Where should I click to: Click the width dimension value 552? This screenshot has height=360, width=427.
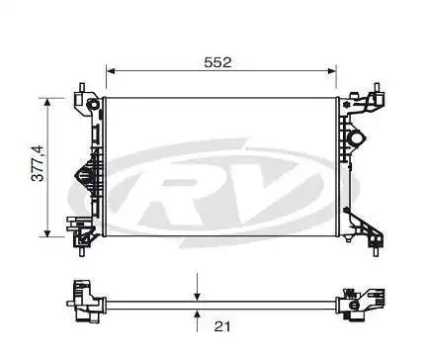(x=217, y=61)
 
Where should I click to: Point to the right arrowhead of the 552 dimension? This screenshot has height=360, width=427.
(x=332, y=72)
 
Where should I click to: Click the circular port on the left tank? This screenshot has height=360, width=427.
(x=93, y=106)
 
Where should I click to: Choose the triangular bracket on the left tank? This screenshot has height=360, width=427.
(x=82, y=175)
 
